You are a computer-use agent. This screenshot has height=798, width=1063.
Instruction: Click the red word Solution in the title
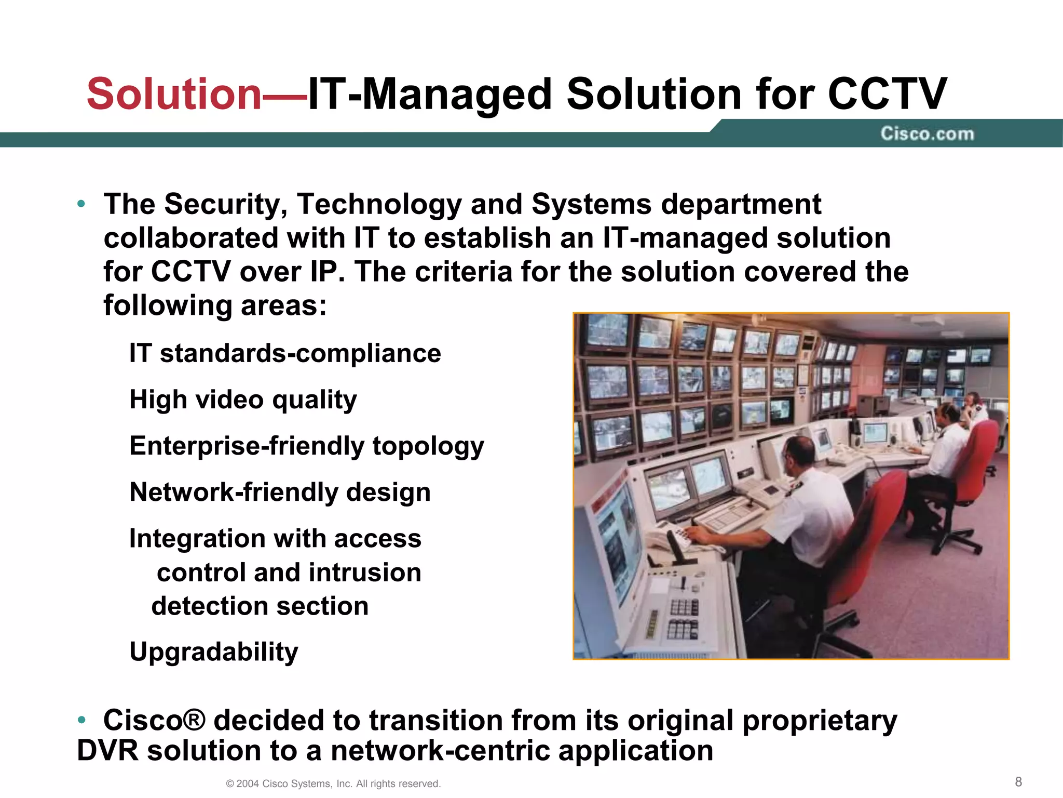tap(174, 94)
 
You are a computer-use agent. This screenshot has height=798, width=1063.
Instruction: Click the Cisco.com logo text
tap(927, 134)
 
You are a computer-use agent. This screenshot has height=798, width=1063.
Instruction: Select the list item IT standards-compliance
tap(285, 354)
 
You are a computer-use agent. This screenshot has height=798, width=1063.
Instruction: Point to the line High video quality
tap(243, 400)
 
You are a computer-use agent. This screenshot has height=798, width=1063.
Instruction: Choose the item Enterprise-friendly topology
tap(306, 446)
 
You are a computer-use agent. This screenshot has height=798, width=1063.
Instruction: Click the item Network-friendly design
tap(280, 492)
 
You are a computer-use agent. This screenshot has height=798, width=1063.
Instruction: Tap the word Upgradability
tap(214, 651)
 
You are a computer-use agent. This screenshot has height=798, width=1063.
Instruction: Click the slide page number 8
tap(1018, 782)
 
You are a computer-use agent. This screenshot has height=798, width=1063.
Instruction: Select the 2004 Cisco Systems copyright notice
tap(333, 783)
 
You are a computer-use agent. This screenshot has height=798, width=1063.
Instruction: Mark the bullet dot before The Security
tap(81, 204)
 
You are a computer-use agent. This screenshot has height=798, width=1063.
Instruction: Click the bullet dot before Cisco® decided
tap(81, 720)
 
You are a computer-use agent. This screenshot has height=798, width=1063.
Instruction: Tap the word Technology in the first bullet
tap(379, 204)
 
